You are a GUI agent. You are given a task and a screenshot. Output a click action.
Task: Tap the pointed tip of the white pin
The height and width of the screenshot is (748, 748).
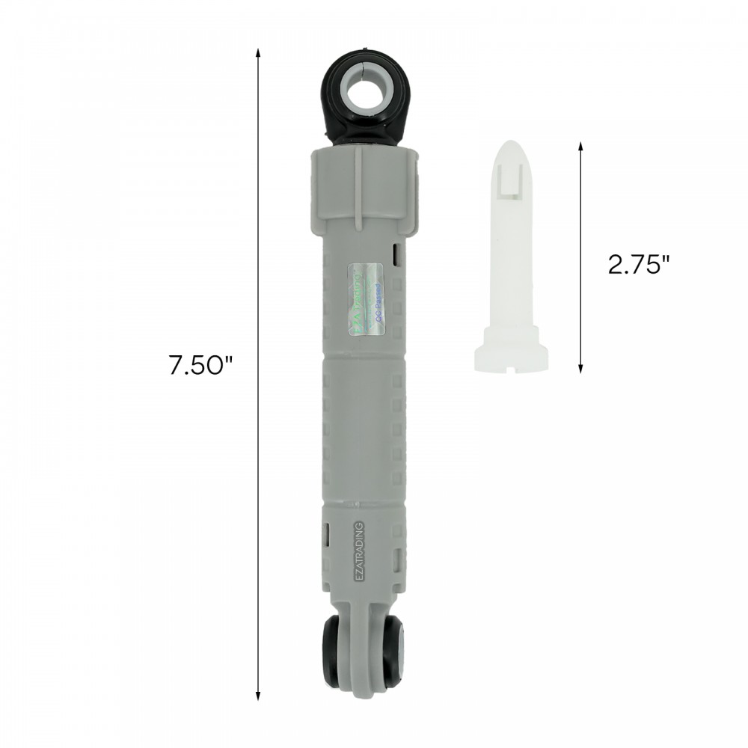(512, 144)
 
